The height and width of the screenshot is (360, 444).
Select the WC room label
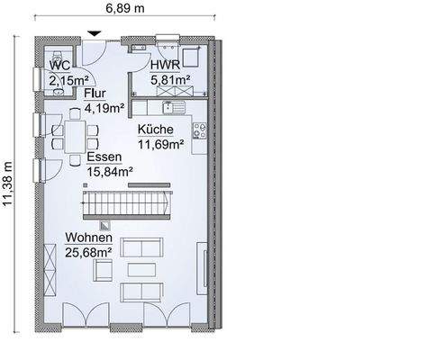coord(60,67)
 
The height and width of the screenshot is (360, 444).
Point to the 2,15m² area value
coord(63,81)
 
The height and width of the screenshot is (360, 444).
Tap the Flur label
coord(95,93)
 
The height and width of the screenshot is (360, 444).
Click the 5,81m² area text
coord(168,81)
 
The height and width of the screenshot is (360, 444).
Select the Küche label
coord(157,129)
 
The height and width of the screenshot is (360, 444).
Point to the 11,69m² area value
coord(160,143)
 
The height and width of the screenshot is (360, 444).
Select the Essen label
coord(105,156)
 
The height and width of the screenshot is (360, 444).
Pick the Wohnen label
coord(88,238)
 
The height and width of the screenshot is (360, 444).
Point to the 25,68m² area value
coord(87,252)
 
